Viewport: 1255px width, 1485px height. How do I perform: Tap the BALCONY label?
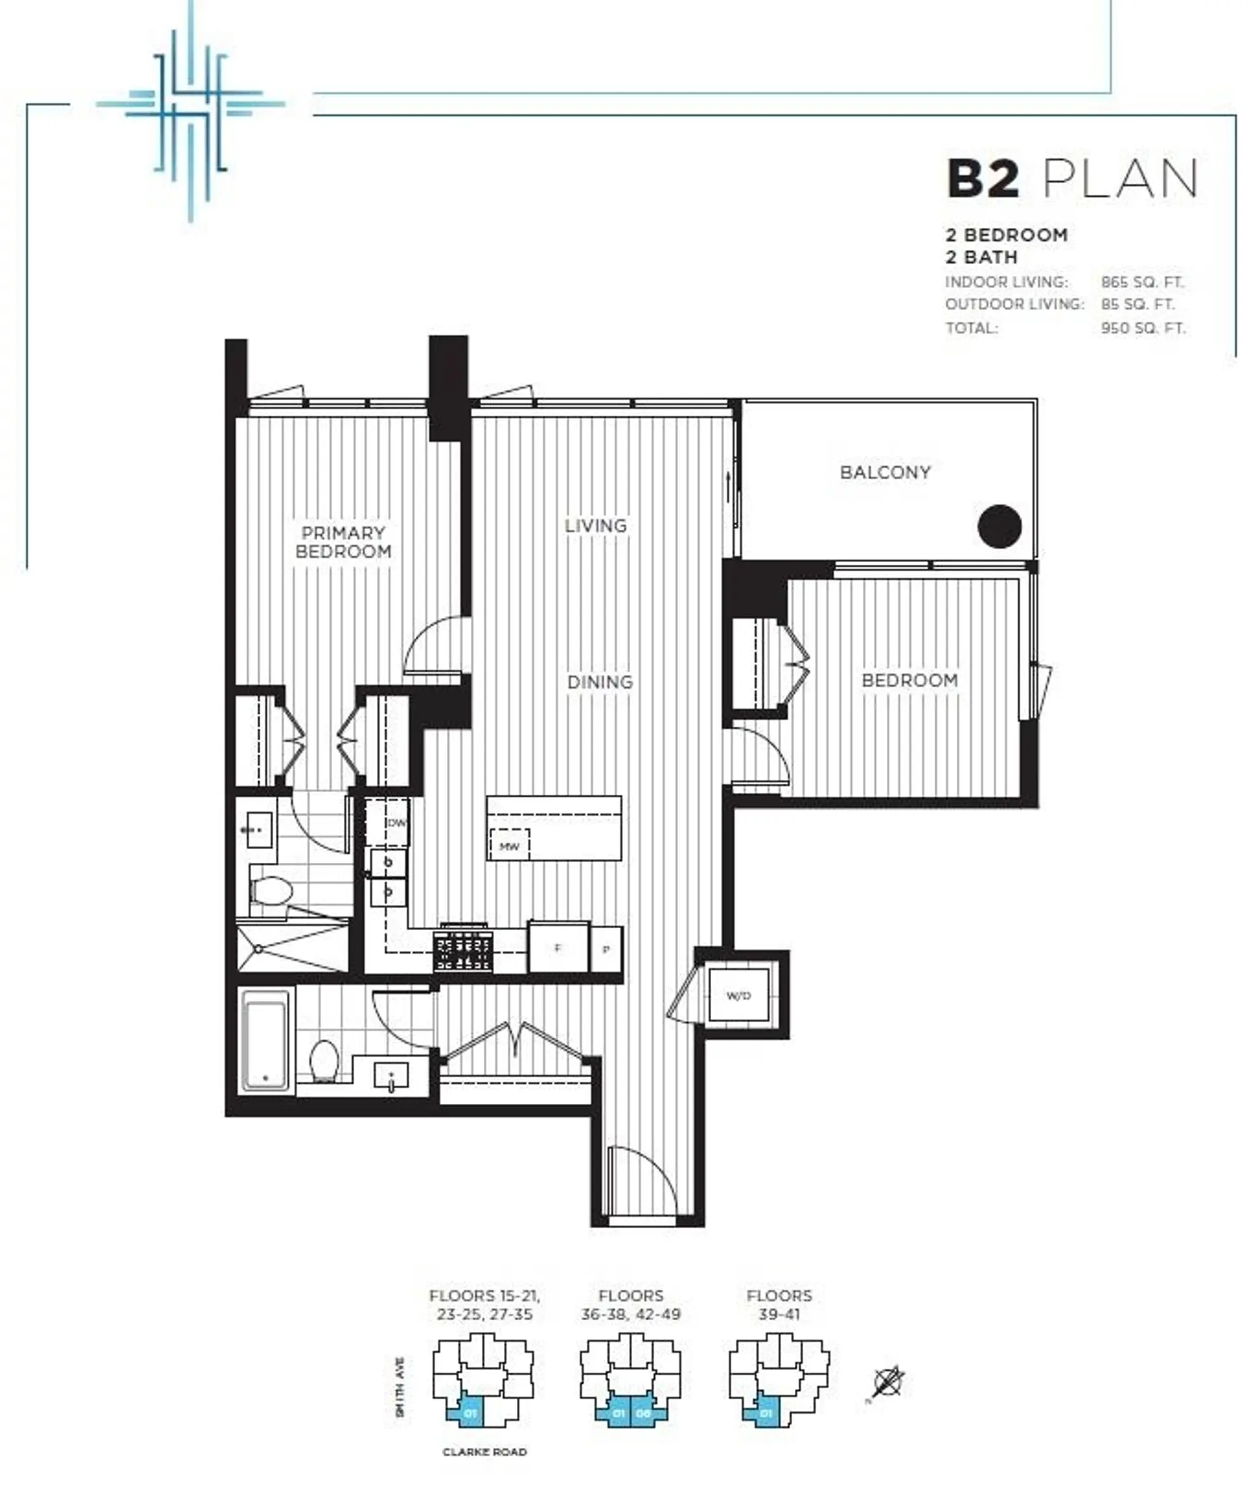885,473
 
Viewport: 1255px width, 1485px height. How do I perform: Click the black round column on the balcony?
999,526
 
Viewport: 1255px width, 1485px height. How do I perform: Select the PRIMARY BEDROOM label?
344,542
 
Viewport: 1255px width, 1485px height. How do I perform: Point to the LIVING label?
595,526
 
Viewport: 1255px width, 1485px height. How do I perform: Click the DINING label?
600,682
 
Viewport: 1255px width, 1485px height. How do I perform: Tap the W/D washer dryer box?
739,995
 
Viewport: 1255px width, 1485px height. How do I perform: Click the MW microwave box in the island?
509,846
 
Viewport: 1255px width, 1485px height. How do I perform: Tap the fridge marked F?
558,948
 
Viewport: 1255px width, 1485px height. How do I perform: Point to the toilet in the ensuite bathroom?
272,891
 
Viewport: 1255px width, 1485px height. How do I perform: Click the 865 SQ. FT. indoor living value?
1142,282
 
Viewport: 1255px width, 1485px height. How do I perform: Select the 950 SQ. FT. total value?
1143,329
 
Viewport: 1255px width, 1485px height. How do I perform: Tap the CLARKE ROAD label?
484,1452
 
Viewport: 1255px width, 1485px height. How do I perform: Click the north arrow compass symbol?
888,1382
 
